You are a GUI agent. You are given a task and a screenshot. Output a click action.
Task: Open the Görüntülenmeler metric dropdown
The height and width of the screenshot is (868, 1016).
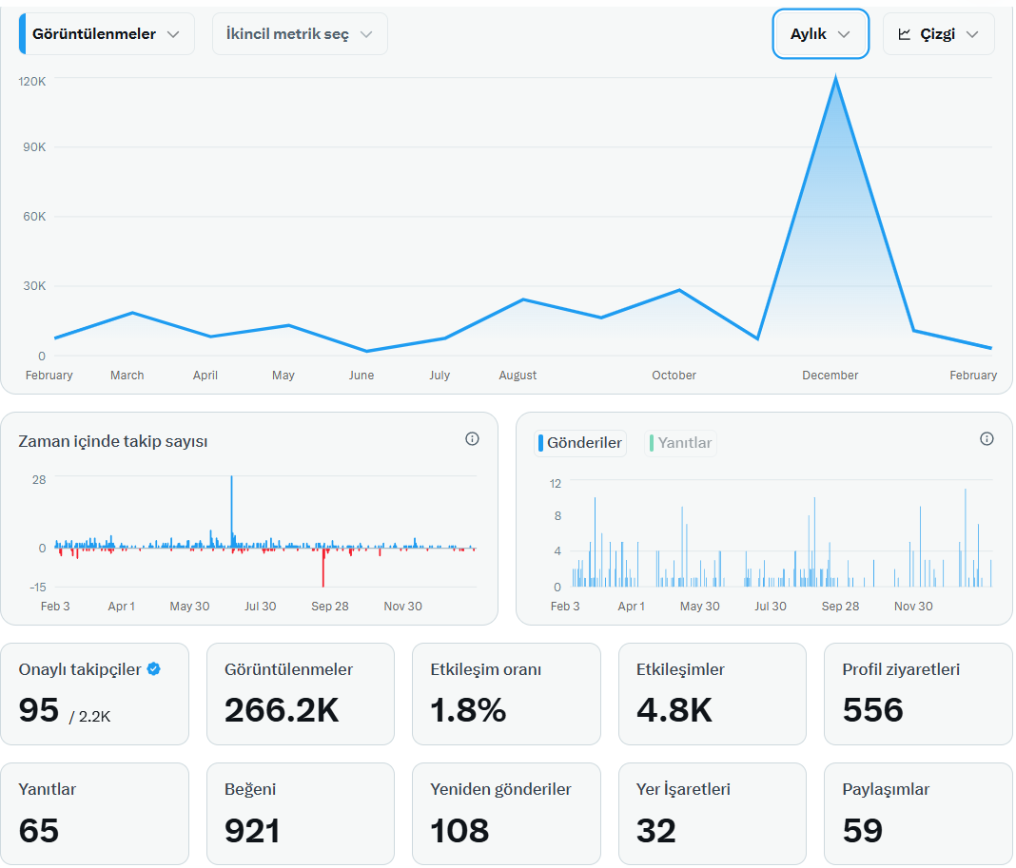(x=107, y=33)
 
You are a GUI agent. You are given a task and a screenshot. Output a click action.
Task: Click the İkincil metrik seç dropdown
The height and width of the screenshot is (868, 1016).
(x=300, y=33)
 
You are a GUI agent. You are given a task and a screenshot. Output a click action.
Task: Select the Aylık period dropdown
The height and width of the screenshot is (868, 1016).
(x=820, y=33)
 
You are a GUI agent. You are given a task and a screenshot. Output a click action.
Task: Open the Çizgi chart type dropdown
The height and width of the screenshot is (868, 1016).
(x=938, y=33)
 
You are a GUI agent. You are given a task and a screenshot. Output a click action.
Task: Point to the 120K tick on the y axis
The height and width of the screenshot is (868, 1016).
(x=32, y=82)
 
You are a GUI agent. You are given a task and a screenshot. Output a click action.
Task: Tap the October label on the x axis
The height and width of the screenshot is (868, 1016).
(x=674, y=375)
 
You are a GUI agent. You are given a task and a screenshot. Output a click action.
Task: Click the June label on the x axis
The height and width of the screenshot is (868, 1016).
(x=361, y=375)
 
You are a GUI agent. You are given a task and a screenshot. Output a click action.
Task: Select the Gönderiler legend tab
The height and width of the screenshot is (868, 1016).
(x=580, y=443)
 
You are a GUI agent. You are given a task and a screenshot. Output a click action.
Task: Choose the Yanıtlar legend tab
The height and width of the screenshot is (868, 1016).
(x=680, y=443)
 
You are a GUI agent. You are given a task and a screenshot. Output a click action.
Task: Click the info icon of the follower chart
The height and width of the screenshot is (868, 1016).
(x=473, y=439)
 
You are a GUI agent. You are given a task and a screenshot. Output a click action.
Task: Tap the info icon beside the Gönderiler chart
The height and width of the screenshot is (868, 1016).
(x=987, y=439)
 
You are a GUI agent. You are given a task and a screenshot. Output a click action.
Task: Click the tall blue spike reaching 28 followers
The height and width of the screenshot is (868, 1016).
(x=231, y=511)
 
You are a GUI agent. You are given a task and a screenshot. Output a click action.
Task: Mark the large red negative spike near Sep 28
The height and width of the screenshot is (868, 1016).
(x=323, y=568)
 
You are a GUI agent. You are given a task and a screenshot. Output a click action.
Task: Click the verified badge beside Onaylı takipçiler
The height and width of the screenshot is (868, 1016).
(x=153, y=669)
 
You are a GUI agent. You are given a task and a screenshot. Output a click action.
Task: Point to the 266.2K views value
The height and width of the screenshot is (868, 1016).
(x=282, y=710)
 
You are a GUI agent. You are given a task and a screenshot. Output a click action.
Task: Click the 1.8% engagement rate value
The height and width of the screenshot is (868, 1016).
(x=468, y=710)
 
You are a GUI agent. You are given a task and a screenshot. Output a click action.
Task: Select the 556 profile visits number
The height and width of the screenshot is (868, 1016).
(x=872, y=710)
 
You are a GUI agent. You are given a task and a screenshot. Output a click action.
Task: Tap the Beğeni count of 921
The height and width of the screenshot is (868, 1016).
(x=252, y=830)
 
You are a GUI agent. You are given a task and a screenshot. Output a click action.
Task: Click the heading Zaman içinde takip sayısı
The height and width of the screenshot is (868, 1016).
(x=113, y=441)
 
